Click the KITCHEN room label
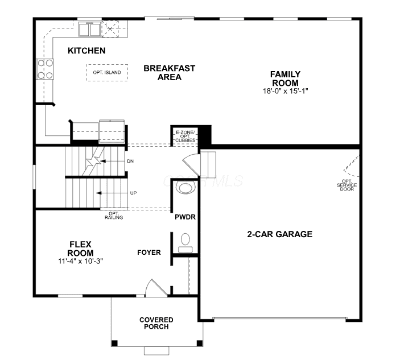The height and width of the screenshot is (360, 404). coord(86,51)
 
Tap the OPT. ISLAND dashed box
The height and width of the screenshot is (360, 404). coord(107,73)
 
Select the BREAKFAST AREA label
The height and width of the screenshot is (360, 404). coord(169,73)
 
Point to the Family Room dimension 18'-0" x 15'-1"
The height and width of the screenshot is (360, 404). coord(286,91)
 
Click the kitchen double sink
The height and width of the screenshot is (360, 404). coord(89,30)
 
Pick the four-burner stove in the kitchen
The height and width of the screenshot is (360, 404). coord(45,69)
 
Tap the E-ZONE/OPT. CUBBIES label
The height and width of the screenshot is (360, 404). coord(185,136)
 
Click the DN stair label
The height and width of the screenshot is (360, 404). coord(130,161)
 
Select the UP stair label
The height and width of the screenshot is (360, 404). coord(133,193)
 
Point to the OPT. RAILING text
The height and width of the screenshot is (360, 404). coord(114,216)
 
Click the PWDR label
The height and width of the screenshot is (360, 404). coord(185,217)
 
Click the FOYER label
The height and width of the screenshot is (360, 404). coord(149,253)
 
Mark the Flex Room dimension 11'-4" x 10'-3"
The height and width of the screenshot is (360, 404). coord(80,261)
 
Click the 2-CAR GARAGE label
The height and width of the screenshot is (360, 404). coord(280,234)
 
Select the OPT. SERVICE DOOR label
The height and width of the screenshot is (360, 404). coord(347,185)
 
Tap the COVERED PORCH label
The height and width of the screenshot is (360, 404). coord(156,323)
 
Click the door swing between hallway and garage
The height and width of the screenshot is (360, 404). coord(191,164)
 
